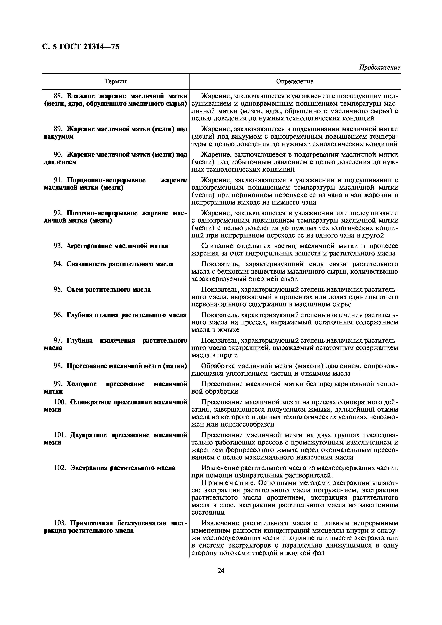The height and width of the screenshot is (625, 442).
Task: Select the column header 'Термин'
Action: coord(116,81)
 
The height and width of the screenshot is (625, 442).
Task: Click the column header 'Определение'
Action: coord(295,81)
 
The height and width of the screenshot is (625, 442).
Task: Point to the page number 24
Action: coord(221,570)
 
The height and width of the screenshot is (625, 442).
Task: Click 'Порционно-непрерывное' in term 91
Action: coord(106,180)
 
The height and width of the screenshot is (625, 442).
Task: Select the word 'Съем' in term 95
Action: coord(75,289)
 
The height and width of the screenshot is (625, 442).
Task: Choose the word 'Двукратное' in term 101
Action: coord(89,435)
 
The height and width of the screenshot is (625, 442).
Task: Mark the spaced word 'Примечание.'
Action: coord(228,483)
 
